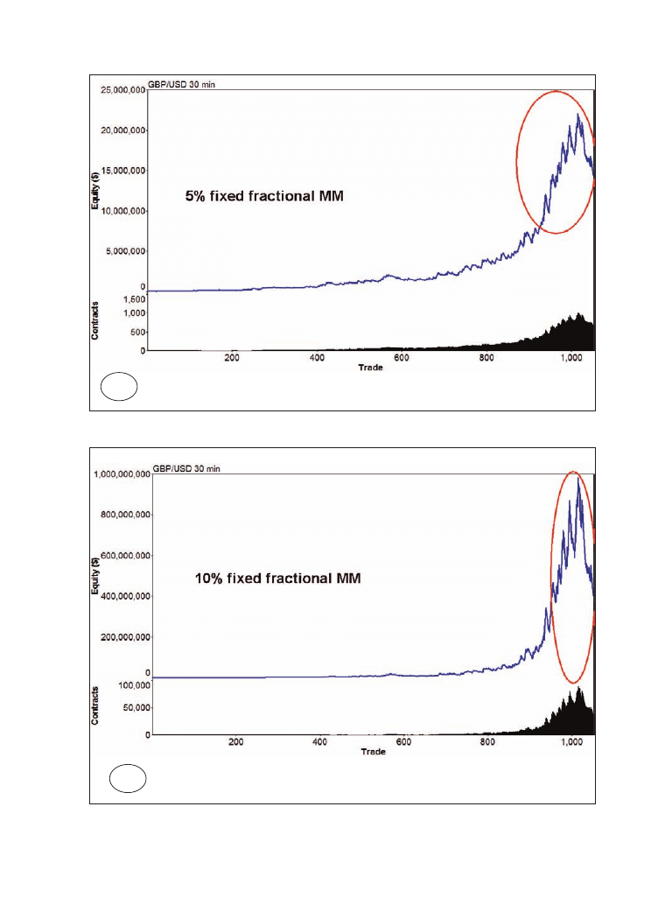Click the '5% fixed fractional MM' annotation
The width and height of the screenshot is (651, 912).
coord(263,198)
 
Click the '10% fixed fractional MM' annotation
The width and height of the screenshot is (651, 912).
coord(276,579)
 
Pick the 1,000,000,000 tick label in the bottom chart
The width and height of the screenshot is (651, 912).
coord(121,474)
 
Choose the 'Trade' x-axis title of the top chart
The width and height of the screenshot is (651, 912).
coord(370,368)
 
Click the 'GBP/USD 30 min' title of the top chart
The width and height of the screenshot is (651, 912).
coord(185,84)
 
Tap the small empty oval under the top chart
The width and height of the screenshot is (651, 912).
coord(119,386)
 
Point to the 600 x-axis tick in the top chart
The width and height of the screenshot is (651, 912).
coord(402,358)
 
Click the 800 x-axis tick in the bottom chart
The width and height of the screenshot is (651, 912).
coord(487,742)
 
